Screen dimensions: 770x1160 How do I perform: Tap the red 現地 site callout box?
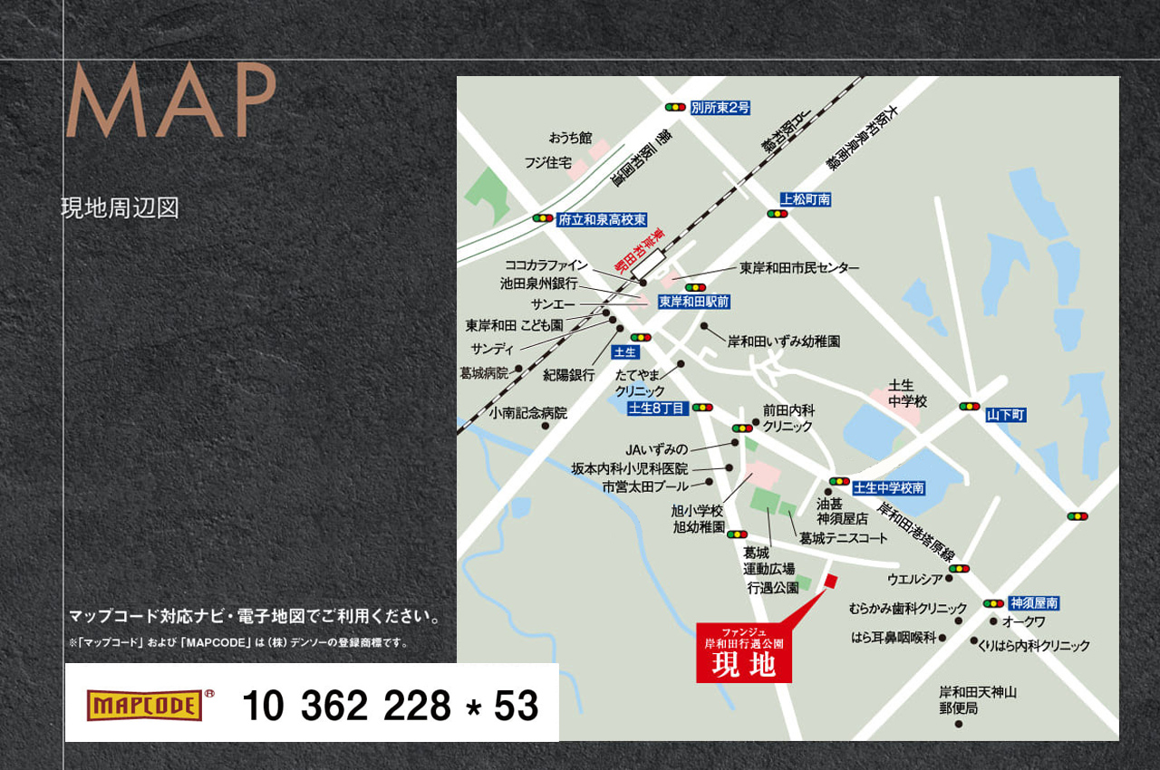tap(744, 652)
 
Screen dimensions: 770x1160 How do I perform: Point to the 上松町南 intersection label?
tap(806, 199)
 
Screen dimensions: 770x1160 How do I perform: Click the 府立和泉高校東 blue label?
tap(602, 219)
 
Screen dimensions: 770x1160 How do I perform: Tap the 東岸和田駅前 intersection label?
tap(694, 302)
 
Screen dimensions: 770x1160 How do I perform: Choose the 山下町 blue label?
tap(1005, 415)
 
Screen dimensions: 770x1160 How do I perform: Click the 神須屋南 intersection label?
tap(1034, 602)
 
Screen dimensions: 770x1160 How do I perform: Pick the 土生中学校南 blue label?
tap(888, 487)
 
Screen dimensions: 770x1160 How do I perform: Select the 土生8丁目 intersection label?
tap(658, 408)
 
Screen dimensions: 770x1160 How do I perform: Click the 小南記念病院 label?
tap(527, 413)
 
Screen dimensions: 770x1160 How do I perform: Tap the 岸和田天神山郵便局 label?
tap(977, 700)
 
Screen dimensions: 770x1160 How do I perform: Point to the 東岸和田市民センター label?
tap(799, 268)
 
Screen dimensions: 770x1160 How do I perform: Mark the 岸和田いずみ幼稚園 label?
tap(784, 342)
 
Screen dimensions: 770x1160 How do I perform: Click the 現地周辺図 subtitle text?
tap(120, 207)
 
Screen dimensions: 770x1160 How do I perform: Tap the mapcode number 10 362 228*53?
tap(390, 706)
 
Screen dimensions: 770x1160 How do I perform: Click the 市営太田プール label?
tap(645, 486)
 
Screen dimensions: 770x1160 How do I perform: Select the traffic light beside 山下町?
tap(969, 407)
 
